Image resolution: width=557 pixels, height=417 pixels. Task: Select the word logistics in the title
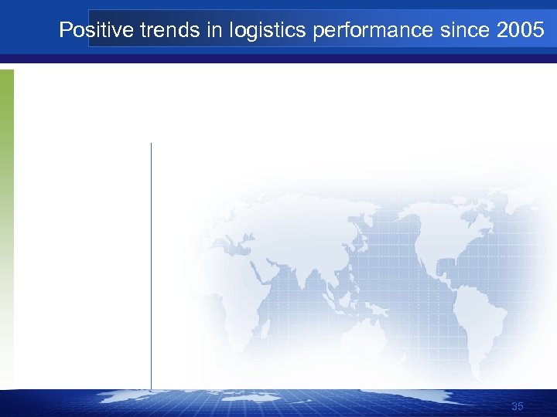[x=246, y=31]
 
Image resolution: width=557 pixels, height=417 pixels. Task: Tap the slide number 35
[x=518, y=407]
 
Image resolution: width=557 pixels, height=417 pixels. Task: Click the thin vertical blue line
[x=151, y=263]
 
